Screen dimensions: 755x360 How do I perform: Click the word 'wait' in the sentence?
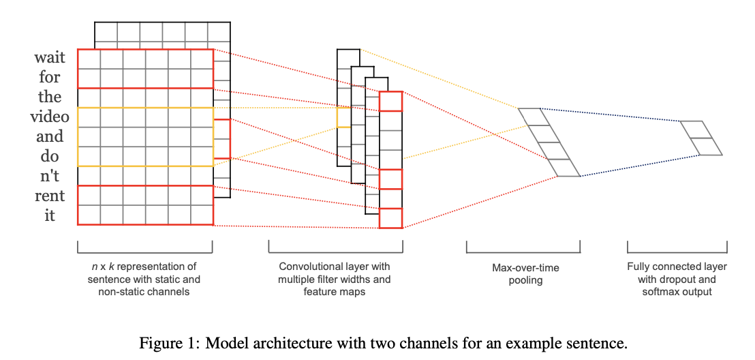click(x=50, y=57)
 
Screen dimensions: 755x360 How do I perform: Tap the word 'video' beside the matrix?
click(x=50, y=117)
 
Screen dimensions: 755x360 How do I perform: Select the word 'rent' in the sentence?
click(x=50, y=196)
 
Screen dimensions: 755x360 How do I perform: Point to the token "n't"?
click(x=50, y=176)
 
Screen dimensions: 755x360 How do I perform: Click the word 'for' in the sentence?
click(x=50, y=77)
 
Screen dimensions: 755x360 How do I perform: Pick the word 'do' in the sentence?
click(x=50, y=156)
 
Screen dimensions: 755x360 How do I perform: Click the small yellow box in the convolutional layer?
click(x=344, y=117)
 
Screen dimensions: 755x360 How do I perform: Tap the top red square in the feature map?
click(x=390, y=101)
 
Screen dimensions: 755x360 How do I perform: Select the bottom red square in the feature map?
click(x=390, y=217)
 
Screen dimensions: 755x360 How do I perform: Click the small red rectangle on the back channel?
click(x=222, y=138)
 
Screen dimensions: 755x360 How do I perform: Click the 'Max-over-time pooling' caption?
click(x=525, y=273)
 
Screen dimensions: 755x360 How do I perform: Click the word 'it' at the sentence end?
click(x=50, y=215)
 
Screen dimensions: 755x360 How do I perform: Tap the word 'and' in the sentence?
click(x=50, y=136)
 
